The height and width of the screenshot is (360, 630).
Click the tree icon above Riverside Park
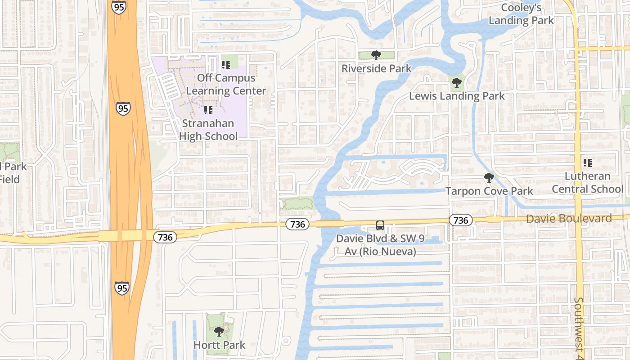(x=376, y=55)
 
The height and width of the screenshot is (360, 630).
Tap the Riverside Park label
(x=376, y=68)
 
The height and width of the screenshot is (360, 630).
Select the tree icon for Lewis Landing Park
(x=456, y=82)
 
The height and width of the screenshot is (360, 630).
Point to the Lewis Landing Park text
(x=457, y=96)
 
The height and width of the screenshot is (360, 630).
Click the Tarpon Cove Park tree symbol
(x=489, y=178)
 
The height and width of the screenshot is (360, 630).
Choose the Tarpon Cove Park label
(x=489, y=191)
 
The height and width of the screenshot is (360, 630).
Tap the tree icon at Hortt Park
(x=219, y=332)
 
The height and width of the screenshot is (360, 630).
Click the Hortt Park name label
(x=219, y=345)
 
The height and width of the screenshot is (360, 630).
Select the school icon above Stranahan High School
(x=208, y=110)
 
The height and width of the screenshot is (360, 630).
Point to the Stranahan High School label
(x=208, y=130)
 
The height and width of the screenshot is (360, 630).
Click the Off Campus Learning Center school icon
(x=226, y=65)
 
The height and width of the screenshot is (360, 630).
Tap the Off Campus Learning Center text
(x=226, y=84)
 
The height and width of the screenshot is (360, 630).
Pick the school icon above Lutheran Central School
(x=587, y=162)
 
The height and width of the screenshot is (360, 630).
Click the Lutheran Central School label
(x=587, y=182)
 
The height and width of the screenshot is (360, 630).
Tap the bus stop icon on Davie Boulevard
(x=380, y=225)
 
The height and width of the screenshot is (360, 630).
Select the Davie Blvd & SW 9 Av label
(x=380, y=245)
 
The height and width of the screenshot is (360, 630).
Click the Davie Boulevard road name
(x=569, y=219)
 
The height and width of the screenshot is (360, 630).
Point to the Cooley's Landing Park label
(x=521, y=14)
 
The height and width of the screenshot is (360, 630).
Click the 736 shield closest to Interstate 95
(x=165, y=237)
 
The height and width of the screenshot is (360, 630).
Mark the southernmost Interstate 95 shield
(x=121, y=288)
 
